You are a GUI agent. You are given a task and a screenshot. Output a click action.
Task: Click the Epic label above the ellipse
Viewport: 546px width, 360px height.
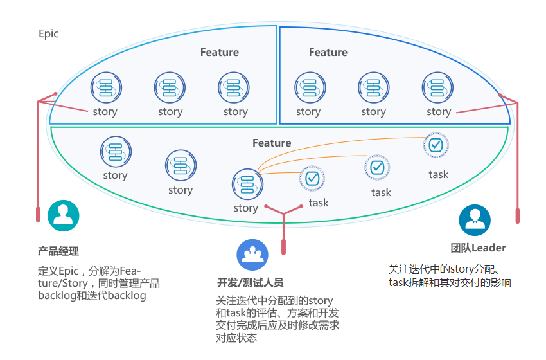pos(48,33)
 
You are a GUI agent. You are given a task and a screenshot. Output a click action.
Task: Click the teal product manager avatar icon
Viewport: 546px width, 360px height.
pos(64,216)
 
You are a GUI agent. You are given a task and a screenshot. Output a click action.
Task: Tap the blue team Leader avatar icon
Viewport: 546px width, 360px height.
pos(475,221)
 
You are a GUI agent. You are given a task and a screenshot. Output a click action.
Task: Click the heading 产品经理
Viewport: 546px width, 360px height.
pos(58,251)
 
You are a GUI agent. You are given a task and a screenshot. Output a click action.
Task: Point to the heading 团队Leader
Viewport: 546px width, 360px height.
pos(479,248)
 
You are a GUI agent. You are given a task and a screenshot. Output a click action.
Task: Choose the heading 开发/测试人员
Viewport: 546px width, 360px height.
pos(251,283)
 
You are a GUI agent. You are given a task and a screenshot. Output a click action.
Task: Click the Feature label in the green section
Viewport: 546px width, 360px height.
pos(272,143)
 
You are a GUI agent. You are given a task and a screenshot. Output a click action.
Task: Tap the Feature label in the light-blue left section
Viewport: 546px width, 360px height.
pos(219,52)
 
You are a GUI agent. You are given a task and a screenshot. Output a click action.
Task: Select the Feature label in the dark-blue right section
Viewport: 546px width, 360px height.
pos(328,52)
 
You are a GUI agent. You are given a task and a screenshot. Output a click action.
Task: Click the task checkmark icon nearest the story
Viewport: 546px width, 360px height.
pos(312,177)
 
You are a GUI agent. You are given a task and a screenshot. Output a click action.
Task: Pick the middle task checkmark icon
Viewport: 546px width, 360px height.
pos(377,167)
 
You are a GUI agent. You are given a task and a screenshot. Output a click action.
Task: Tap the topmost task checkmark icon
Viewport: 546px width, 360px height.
pos(436,145)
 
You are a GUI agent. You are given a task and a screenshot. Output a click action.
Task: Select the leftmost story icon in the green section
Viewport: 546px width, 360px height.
pos(116,152)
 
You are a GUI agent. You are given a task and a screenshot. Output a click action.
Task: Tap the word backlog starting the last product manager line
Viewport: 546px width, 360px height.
pos(57,296)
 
